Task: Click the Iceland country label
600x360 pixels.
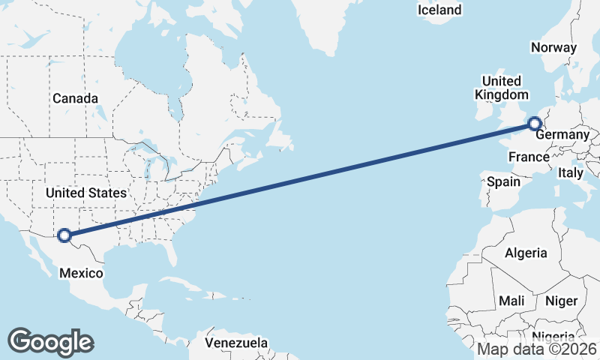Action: click(439, 10)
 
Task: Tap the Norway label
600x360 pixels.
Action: click(553, 47)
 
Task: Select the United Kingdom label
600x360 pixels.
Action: click(501, 88)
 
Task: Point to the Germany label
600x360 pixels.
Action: click(562, 134)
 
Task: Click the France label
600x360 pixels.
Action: click(529, 157)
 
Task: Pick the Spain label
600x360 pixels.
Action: click(503, 181)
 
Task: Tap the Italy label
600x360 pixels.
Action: click(570, 172)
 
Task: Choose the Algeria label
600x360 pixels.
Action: click(526, 253)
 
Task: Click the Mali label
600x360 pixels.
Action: click(511, 301)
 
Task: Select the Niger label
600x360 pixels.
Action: click(561, 301)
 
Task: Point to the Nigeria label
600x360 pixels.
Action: click(553, 337)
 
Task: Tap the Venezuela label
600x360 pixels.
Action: click(237, 343)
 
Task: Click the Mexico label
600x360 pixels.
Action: click(81, 273)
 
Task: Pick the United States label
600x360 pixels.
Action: click(86, 193)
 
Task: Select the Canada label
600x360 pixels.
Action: click(75, 98)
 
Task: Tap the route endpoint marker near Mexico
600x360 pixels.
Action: click(64, 235)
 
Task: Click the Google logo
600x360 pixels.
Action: click(50, 341)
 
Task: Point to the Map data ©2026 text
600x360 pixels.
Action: click(537, 349)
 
